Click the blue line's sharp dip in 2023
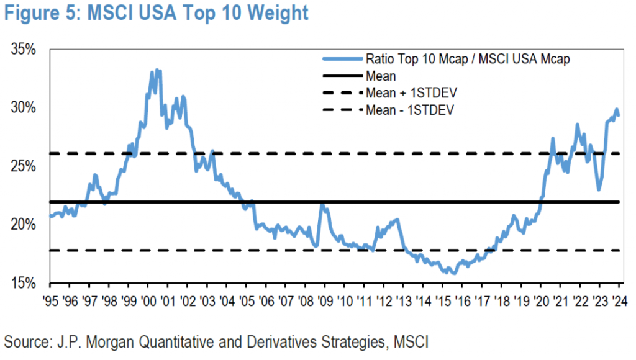[x=599, y=190]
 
